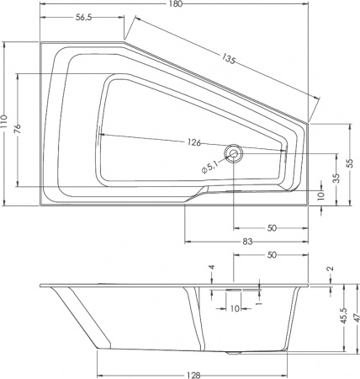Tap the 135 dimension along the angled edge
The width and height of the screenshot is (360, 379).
pyautogui.click(x=229, y=61)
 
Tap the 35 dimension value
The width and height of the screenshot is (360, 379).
pyautogui.click(x=336, y=178)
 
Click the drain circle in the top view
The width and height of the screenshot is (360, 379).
pyautogui.click(x=233, y=153)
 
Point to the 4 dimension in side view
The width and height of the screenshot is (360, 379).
pyautogui.click(x=212, y=269)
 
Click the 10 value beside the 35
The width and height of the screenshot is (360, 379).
pyautogui.click(x=320, y=195)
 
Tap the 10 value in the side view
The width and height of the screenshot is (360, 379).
pyautogui.click(x=233, y=308)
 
